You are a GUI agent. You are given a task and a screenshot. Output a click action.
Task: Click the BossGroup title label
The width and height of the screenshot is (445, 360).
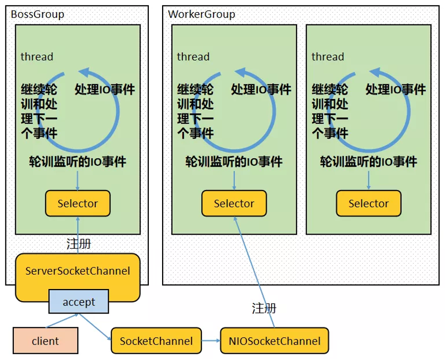(38, 14)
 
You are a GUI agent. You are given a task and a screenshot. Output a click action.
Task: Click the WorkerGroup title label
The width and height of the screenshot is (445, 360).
(201, 14)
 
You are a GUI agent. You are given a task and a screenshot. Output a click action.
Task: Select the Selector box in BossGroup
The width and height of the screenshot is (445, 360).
(78, 203)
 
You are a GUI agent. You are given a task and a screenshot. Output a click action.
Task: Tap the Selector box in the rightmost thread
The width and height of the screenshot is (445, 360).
(369, 203)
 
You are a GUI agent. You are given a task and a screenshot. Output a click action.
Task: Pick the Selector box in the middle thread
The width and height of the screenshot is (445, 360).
(234, 203)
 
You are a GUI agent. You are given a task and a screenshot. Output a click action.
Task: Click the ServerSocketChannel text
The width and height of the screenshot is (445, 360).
(78, 271)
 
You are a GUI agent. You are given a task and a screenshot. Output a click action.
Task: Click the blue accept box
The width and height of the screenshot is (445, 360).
(78, 301)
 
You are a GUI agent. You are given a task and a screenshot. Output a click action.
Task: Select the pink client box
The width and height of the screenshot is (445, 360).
(46, 341)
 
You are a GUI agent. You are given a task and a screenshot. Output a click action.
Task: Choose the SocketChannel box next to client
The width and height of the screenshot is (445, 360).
(156, 341)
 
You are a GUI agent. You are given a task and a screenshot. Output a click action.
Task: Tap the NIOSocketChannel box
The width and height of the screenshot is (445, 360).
(274, 341)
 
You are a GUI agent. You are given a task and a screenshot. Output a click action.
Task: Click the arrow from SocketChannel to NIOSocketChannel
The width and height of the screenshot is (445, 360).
(211, 341)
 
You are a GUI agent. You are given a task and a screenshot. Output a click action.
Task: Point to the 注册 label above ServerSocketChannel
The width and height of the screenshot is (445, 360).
(78, 244)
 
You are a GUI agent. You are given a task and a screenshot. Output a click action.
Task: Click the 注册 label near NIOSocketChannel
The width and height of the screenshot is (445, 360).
(264, 308)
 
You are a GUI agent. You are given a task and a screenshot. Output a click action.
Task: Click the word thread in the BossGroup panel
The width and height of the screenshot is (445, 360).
(37, 57)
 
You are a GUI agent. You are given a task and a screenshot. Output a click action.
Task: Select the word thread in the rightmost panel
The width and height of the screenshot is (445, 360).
(328, 57)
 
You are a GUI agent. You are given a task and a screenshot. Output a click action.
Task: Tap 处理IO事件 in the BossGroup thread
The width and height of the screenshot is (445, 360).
(105, 89)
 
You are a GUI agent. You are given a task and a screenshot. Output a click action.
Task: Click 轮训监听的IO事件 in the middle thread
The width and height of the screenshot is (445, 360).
(234, 161)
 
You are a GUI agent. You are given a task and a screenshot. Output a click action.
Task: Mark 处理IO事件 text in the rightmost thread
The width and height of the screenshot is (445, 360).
(396, 89)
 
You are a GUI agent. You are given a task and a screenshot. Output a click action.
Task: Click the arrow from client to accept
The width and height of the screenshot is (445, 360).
(62, 321)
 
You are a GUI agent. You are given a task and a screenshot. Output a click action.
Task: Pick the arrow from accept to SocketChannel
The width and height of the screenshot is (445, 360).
(95, 327)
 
